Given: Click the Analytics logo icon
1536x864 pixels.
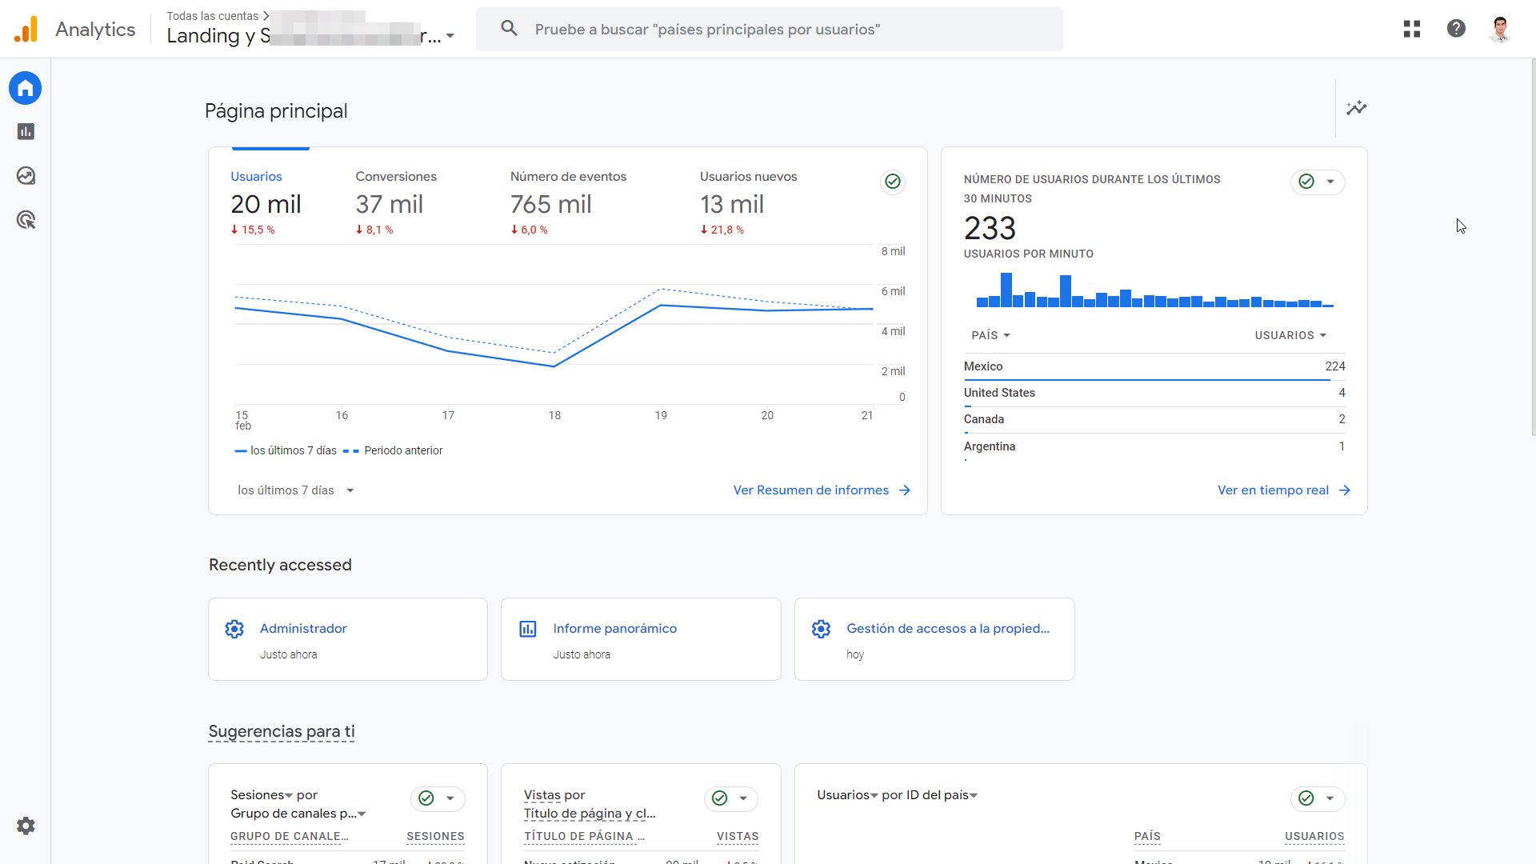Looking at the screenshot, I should click(x=26, y=30).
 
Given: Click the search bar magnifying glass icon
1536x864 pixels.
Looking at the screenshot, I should click(x=509, y=29).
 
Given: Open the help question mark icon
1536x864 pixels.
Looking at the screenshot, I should click(x=1456, y=29).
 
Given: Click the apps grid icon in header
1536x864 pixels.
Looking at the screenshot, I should click(x=1412, y=29).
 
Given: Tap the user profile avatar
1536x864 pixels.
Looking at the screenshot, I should click(x=1500, y=29).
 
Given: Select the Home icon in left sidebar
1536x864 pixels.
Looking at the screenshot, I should click(x=26, y=88).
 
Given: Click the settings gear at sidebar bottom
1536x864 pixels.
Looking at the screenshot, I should click(x=26, y=826).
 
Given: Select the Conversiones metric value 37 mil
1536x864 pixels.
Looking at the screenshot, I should click(x=389, y=204).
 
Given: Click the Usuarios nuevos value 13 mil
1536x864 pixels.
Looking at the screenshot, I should click(x=731, y=204).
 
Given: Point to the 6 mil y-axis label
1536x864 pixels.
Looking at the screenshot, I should click(x=893, y=291).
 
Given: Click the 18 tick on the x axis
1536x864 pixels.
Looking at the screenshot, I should click(x=554, y=415).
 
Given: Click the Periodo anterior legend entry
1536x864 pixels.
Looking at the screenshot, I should click(x=402, y=450).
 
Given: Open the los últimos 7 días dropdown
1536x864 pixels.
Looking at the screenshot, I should click(x=295, y=490).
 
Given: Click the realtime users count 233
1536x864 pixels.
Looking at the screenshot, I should click(x=990, y=229).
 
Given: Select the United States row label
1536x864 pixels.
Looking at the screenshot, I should click(x=999, y=393).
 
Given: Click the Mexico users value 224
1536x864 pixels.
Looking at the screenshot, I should click(x=1334, y=366).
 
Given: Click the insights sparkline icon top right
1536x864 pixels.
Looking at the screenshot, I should click(x=1356, y=108).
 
